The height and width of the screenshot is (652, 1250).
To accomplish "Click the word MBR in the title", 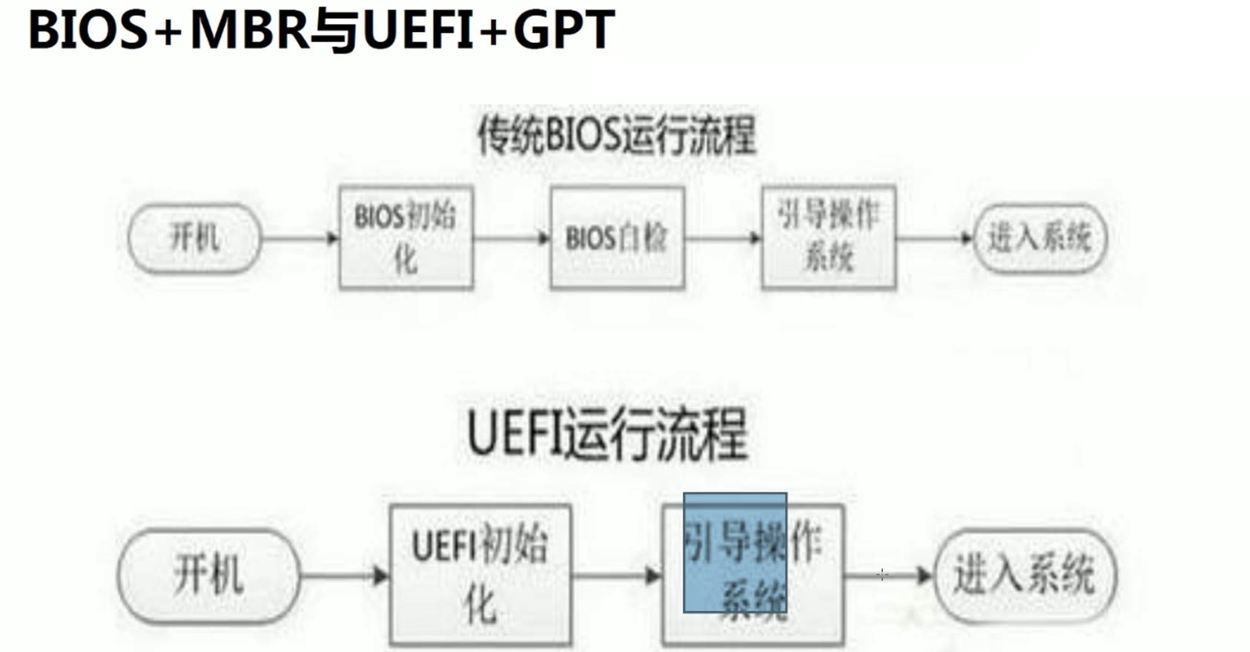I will (x=249, y=30).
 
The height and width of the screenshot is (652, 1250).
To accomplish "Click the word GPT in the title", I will (x=563, y=30).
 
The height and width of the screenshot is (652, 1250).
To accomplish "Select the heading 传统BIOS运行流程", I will (x=616, y=136).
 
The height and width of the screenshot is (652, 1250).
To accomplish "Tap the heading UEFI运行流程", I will (x=607, y=434).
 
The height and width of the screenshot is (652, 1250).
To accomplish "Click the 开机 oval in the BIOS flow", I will (x=194, y=238).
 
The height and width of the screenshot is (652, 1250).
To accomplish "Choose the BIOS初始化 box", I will (x=406, y=237).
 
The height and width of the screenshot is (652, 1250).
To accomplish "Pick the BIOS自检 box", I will (x=617, y=238).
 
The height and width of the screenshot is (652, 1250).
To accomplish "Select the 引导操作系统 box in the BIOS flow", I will (x=828, y=237).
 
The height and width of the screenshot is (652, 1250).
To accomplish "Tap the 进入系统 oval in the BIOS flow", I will (x=1039, y=238).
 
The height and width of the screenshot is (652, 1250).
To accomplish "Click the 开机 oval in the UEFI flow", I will (x=208, y=575).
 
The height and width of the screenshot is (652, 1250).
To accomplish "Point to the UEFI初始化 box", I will (x=480, y=575).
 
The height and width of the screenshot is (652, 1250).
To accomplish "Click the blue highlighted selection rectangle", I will (x=735, y=553).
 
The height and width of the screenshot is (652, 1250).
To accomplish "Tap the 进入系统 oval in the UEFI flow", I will (x=1025, y=575).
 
